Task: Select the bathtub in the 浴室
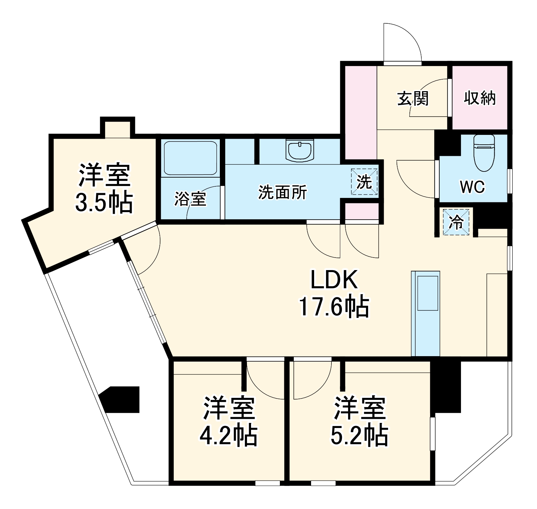pos(190,158)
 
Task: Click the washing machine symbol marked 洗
pos(364,182)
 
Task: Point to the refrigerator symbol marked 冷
pos(456,222)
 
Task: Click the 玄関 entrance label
pos(413,98)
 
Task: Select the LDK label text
pos(334,280)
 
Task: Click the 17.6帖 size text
pos(334,306)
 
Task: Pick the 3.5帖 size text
pos(104,203)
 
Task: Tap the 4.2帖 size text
pos(228,435)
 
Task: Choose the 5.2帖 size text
pos(359,435)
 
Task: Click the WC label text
pos(472,187)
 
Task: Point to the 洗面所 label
pos(283,192)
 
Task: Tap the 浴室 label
pos(190,199)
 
